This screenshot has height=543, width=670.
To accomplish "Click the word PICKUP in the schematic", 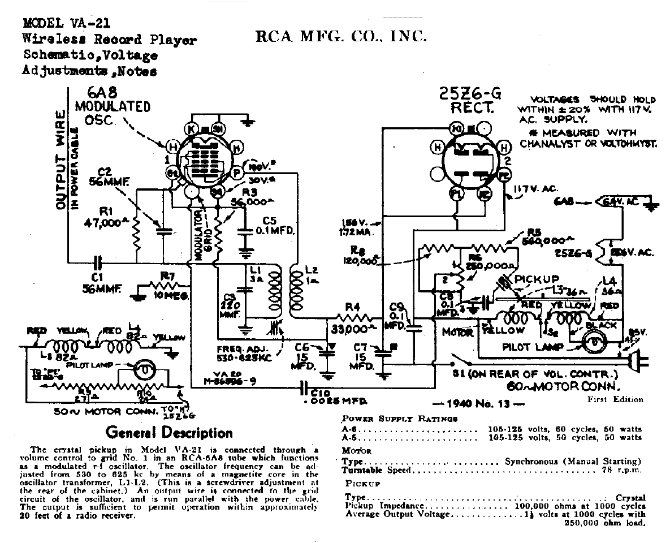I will (x=537, y=279).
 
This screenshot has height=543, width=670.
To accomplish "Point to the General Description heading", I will (x=169, y=433).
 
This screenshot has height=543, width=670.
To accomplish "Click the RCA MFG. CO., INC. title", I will (x=341, y=37).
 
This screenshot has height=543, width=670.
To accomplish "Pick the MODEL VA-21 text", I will (x=66, y=24).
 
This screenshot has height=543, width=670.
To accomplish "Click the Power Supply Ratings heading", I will (x=399, y=419).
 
